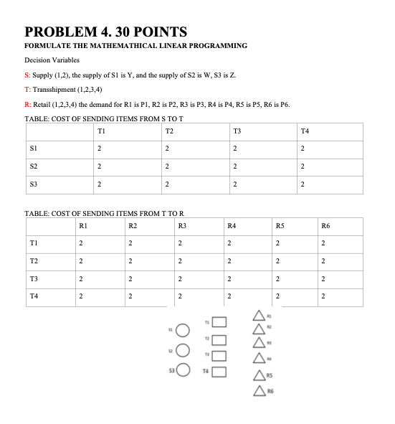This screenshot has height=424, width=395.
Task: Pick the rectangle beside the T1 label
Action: [219, 321]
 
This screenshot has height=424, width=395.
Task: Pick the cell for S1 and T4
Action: [303, 149]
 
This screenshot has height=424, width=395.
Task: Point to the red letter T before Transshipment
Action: [27, 89]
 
